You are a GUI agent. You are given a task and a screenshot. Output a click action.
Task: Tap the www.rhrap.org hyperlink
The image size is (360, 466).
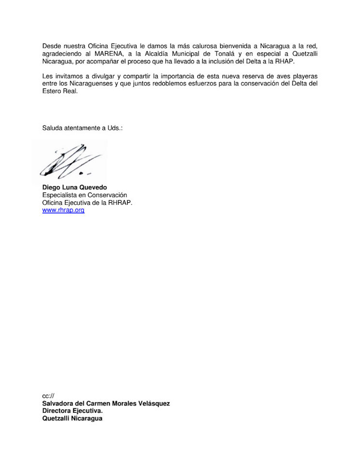pyautogui.click(x=63, y=210)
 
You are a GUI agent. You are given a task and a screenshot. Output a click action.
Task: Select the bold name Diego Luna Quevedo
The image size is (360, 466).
pyautogui.click(x=75, y=187)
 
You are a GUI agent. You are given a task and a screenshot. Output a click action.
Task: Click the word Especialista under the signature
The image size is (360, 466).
pyautogui.click(x=60, y=195)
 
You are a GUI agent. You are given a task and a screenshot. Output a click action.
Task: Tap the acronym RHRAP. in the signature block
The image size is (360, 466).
pyautogui.click(x=119, y=203)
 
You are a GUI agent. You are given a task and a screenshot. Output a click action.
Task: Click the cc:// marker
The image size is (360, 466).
pyautogui.click(x=48, y=395)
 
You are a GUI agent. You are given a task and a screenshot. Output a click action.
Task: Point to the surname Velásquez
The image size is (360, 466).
pyautogui.click(x=153, y=403)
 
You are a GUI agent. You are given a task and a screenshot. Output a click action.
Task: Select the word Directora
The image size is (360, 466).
pyautogui.click(x=57, y=411)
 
